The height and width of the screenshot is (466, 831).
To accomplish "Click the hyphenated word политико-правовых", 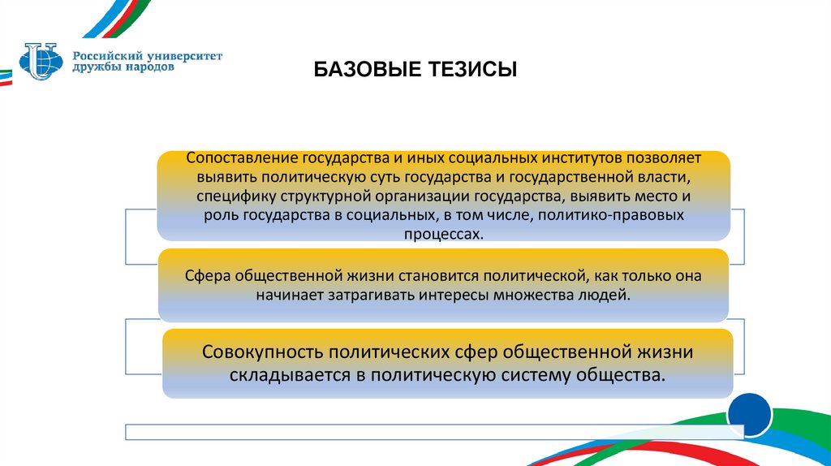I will tap(620, 216).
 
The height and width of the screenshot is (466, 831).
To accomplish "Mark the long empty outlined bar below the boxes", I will tap(430, 431).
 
